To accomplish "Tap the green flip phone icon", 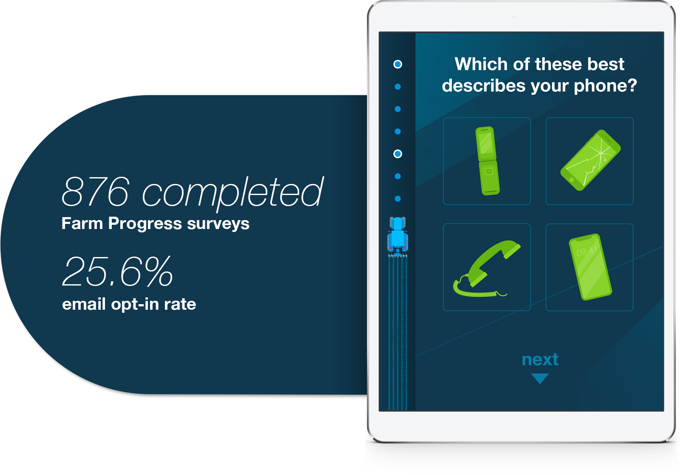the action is [487, 161].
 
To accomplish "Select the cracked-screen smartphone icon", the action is [590, 160].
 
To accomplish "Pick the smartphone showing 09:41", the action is [590, 267].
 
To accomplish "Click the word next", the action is [540, 360].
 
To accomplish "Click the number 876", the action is [95, 192].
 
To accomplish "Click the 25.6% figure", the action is [117, 271].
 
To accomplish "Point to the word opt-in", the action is [136, 305].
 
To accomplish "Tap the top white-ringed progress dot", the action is [398, 64].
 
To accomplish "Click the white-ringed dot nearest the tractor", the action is [398, 154].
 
